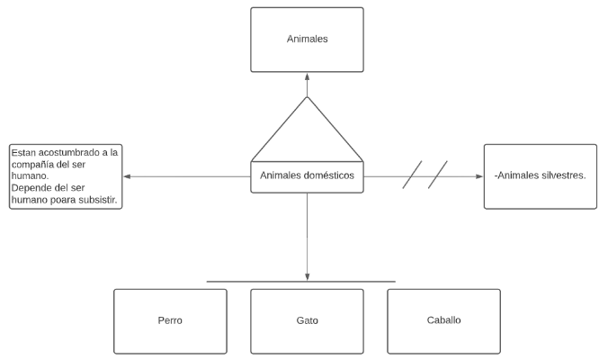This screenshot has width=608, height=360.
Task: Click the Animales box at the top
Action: point(307,40)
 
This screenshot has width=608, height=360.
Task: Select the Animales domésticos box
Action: point(307,176)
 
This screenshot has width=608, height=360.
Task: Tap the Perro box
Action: point(170,320)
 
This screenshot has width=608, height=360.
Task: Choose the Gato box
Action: point(307,320)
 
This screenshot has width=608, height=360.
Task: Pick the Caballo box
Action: point(443,320)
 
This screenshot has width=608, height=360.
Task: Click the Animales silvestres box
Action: point(540,176)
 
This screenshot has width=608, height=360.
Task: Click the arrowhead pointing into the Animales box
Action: point(307,76)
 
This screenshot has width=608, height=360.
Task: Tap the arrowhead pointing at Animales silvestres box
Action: point(478,176)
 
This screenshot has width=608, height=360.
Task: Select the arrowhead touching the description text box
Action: point(128,176)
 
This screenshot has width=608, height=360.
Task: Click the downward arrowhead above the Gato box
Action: point(307,276)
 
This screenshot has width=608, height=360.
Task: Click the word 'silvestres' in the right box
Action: point(562,176)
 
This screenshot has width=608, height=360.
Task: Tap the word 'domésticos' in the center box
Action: point(331,176)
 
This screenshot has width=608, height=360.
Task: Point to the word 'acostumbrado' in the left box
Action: point(67,152)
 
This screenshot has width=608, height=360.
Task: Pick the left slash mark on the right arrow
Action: point(413,175)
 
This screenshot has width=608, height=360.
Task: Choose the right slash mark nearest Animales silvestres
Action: point(438,175)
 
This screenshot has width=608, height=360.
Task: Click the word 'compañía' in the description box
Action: point(37,165)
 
